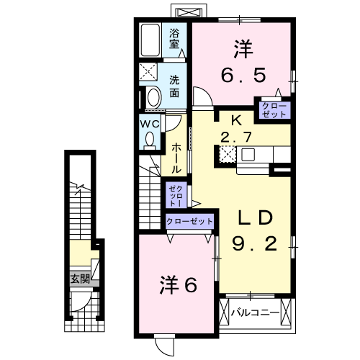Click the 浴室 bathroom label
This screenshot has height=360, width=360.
(x=174, y=37)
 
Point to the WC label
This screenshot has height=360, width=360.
(x=148, y=123)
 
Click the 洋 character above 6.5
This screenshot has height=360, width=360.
(x=242, y=49)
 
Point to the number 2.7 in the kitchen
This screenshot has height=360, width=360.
(x=238, y=138)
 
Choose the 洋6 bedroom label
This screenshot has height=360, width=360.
(x=177, y=286)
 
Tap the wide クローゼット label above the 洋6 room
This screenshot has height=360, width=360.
(x=189, y=221)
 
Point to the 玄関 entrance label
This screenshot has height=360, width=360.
(x=79, y=279)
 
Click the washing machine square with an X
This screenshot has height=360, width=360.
(x=150, y=72)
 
